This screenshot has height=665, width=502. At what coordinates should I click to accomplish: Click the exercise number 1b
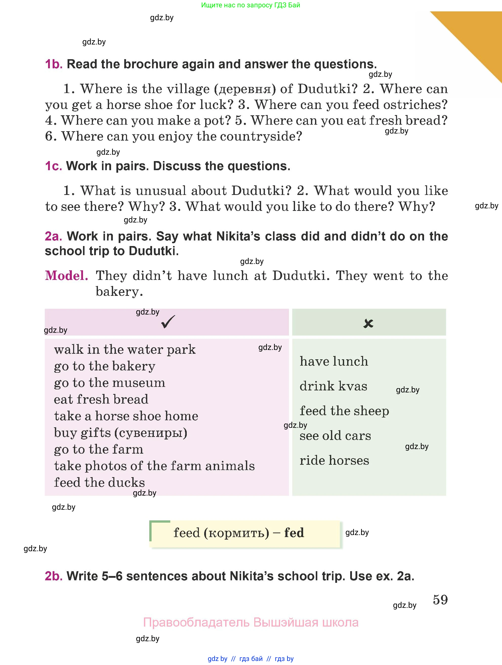[54, 64]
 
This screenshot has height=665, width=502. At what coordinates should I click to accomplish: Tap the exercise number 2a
[53, 236]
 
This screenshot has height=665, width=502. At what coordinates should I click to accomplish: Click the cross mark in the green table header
[368, 323]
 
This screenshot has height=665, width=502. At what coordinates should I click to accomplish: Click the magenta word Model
[67, 276]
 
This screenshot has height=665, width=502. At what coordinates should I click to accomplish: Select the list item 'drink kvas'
[333, 386]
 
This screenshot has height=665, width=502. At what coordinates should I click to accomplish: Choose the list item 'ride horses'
[334, 460]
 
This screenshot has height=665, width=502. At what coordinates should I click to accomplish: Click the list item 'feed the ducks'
[99, 482]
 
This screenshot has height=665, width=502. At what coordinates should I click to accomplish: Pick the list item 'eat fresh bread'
[101, 399]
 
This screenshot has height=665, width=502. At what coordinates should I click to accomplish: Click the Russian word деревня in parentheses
[245, 89]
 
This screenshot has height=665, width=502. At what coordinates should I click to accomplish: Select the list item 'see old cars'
[335, 436]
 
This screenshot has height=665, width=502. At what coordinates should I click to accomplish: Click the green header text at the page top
[250, 5]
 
